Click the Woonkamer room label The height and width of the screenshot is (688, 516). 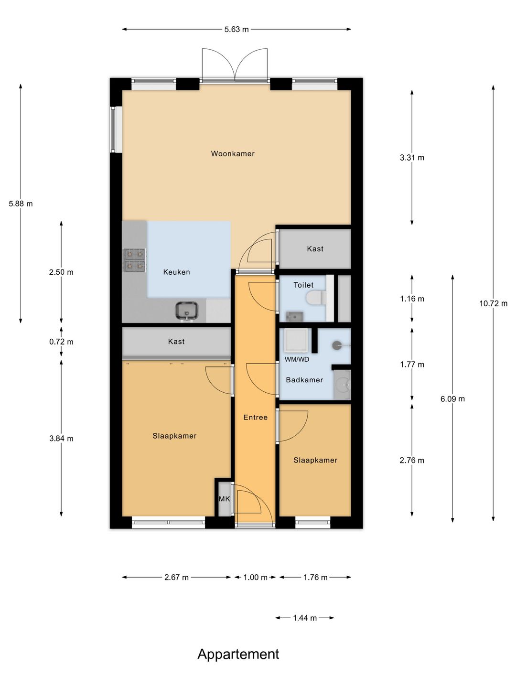[233, 154]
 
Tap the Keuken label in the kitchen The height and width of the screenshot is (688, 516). [176, 272]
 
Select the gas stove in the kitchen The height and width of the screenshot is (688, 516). [135, 260]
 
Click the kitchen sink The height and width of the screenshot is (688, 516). [186, 311]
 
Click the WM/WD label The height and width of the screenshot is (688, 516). [297, 359]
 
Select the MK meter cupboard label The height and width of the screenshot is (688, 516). [224, 499]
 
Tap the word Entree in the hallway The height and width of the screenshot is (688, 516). [255, 418]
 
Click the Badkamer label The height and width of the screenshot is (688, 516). [304, 380]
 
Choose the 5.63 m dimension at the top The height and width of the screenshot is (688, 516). [236, 30]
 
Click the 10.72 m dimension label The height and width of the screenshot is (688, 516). [493, 304]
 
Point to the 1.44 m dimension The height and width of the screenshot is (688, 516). [305, 618]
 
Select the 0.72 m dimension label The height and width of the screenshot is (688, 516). [61, 342]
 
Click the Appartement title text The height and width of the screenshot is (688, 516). [238, 654]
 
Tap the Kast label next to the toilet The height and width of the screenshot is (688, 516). [315, 249]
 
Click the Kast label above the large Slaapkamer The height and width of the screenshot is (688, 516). [176, 342]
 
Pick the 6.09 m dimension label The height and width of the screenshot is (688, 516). [452, 399]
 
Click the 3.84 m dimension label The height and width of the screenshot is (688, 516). [61, 439]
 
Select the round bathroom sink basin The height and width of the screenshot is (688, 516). [343, 385]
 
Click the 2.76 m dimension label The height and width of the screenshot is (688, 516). [412, 461]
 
